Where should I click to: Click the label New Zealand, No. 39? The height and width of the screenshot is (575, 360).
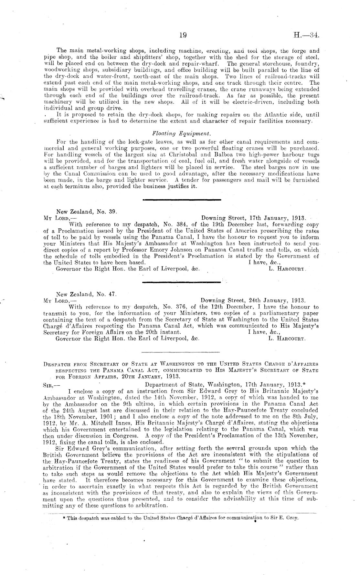(86, 212)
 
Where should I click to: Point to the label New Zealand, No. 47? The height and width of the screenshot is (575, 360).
(86, 294)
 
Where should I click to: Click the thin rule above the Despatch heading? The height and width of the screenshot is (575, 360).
(180, 352)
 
